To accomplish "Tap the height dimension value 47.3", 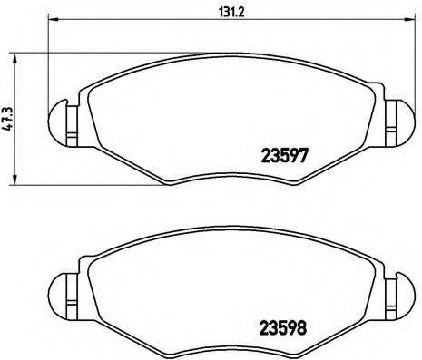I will (x=8, y=119).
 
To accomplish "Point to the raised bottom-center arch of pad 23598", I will (x=229, y=339).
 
